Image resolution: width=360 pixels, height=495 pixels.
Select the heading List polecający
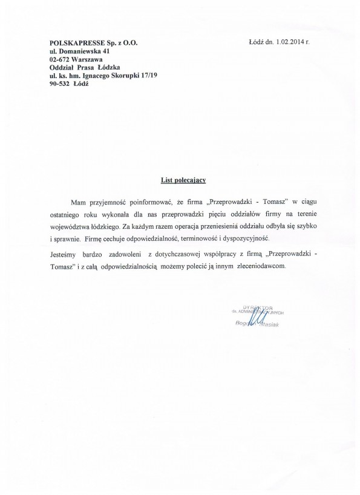(x=180, y=180)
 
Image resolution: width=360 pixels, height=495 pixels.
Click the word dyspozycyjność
(x=261, y=240)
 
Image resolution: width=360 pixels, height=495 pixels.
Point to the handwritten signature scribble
(x=257, y=318)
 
